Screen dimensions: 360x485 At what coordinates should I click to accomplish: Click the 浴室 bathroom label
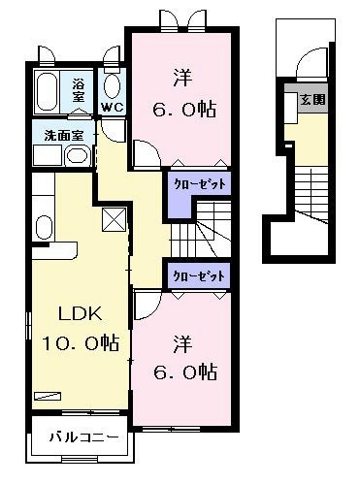(79, 90)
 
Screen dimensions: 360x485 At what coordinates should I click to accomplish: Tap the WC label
(112, 108)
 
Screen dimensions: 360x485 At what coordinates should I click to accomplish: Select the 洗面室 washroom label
(64, 136)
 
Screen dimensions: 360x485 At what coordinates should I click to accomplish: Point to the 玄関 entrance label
(312, 100)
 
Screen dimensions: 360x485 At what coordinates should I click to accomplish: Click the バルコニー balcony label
(83, 437)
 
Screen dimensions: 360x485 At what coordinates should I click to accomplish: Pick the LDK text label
(80, 313)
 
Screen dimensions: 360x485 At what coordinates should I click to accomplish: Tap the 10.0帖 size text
(81, 342)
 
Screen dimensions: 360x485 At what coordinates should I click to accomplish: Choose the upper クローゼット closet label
(200, 184)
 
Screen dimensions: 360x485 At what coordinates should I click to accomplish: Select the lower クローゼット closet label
(199, 276)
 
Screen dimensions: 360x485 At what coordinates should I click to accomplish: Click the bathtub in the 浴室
(47, 91)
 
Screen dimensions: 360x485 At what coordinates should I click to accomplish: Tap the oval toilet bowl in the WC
(113, 86)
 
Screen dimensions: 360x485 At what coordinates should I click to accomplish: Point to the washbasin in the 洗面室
(78, 156)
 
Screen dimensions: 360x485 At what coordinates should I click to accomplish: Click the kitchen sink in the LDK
(44, 227)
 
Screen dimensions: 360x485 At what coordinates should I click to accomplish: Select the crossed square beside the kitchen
(114, 219)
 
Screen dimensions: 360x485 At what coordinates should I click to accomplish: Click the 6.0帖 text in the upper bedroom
(184, 110)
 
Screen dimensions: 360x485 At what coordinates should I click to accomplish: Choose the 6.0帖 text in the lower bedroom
(184, 372)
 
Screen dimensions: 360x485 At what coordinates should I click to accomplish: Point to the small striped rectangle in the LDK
(48, 396)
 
